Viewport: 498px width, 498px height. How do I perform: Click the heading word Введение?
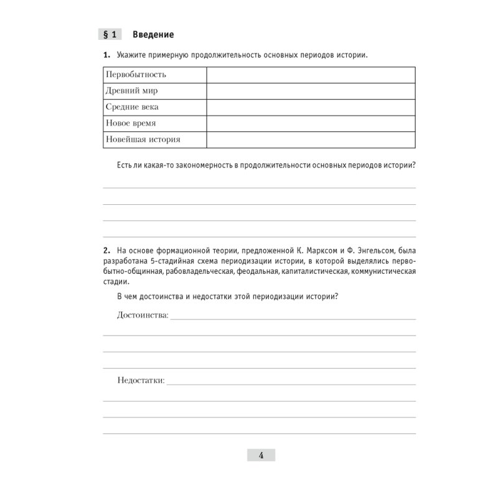[x=153, y=34]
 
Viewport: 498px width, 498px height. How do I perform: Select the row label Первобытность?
[x=136, y=75]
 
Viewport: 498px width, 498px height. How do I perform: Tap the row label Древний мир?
[x=132, y=91]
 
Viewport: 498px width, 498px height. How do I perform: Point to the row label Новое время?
[x=131, y=123]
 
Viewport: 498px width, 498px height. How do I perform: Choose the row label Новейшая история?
[x=143, y=139]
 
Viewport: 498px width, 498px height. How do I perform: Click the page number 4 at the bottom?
[x=261, y=456]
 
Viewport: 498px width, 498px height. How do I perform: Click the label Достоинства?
[x=143, y=316]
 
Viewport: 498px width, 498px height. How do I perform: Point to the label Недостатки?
[x=141, y=380]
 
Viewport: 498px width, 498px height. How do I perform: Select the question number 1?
[x=106, y=55]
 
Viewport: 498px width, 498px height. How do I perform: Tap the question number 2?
[x=106, y=250]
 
